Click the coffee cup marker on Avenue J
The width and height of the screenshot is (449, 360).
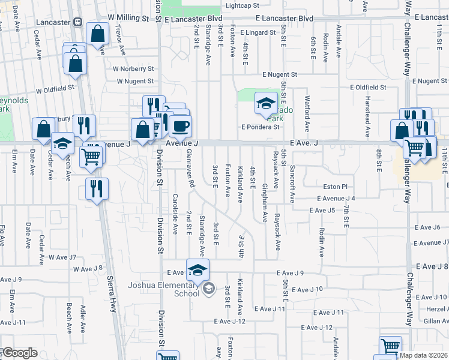180,126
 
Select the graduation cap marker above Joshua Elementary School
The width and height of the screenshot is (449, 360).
197,271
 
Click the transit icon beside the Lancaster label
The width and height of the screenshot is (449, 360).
77,22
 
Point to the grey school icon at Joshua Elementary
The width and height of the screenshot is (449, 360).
208,289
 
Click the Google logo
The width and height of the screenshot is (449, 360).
19,353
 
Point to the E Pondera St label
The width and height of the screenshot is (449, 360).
261,127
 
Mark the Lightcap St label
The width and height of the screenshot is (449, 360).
242,5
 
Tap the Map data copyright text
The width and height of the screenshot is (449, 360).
424,355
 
